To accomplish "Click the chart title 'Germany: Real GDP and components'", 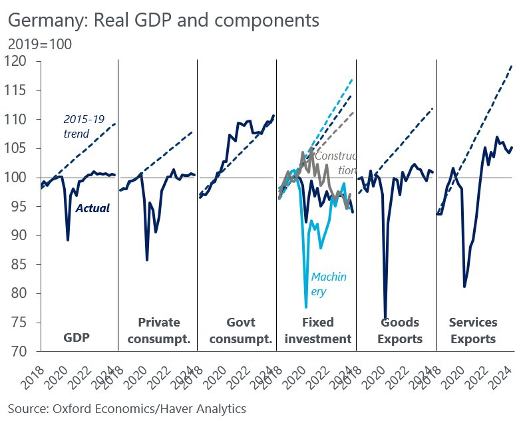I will [x=164, y=21].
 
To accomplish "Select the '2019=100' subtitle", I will [x=40, y=45].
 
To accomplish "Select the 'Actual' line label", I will [x=92, y=208].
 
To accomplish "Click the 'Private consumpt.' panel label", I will [x=158, y=331].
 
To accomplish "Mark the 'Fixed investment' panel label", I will [x=317, y=331].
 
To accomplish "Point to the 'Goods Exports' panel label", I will [x=399, y=331].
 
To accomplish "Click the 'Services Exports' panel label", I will [x=472, y=331].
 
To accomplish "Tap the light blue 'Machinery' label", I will [x=329, y=283].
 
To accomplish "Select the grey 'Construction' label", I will [x=336, y=163].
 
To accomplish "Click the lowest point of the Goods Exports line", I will [x=385, y=319].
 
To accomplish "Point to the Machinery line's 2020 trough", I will [x=306, y=307].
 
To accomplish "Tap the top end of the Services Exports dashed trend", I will [x=512, y=65].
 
